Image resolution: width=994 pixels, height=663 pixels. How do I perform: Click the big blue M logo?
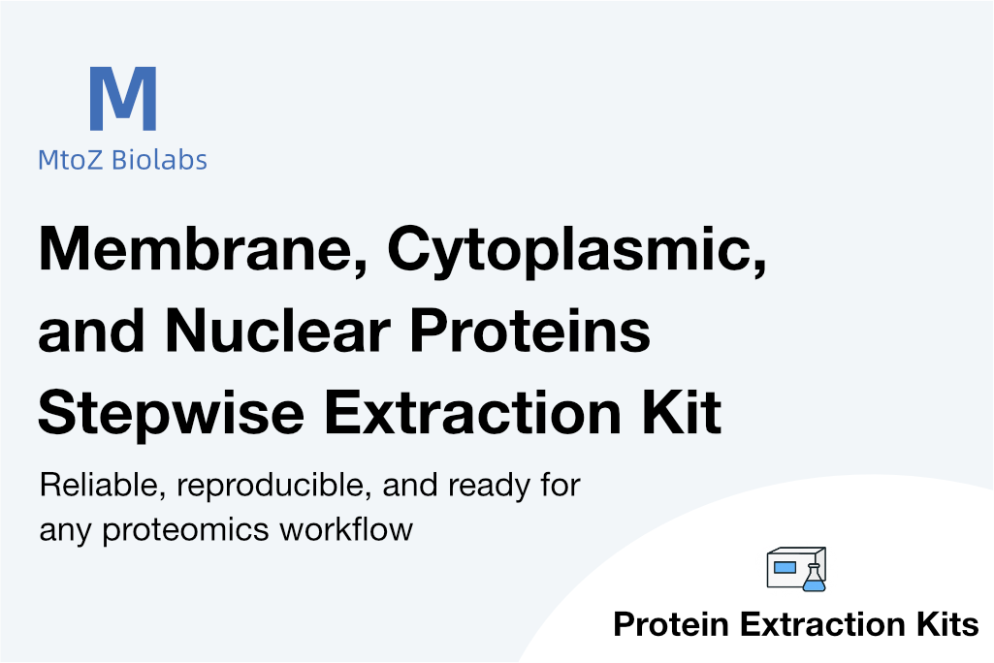tap(123, 98)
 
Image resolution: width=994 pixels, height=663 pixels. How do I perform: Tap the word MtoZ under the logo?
tap(71, 160)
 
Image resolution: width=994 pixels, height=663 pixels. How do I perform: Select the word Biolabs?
tap(159, 160)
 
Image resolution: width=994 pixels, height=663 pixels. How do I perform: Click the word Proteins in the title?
tap(529, 331)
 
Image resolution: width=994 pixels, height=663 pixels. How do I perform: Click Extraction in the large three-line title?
tap(473, 412)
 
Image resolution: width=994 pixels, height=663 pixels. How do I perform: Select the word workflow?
tap(346, 529)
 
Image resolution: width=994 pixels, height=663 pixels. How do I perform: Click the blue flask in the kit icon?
tap(814, 578)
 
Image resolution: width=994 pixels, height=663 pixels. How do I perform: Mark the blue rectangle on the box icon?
tap(785, 567)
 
